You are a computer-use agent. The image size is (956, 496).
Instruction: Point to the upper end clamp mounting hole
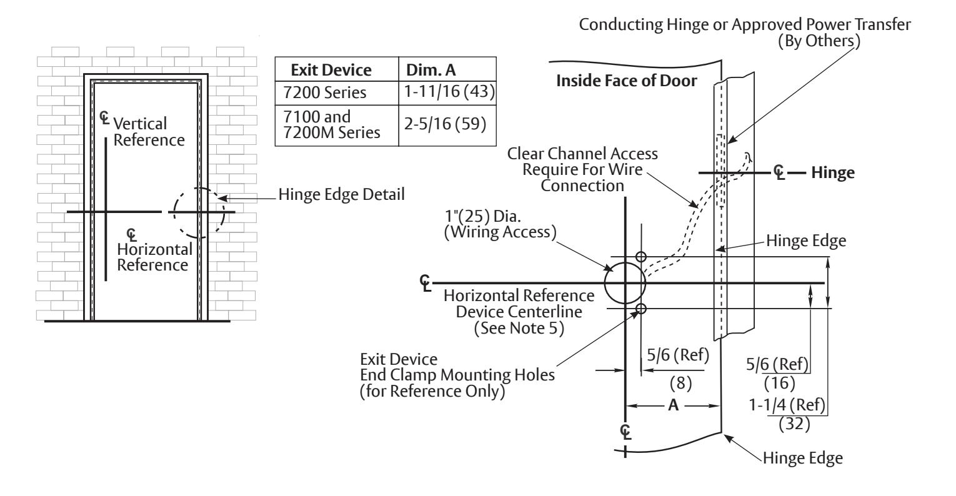(x=641, y=257)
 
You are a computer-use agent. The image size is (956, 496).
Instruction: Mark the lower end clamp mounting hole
(x=641, y=308)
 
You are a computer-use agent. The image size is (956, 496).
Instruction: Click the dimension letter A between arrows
(x=673, y=405)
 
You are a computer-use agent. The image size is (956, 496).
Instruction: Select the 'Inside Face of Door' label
(x=627, y=81)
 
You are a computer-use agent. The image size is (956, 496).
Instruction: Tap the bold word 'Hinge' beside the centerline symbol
(x=833, y=173)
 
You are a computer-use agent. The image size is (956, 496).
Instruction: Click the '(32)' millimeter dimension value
(x=794, y=424)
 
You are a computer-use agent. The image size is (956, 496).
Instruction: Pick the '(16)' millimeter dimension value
(x=779, y=383)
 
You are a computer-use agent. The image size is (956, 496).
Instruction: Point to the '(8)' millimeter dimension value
(x=680, y=383)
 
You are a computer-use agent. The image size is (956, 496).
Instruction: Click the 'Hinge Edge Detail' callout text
(x=341, y=195)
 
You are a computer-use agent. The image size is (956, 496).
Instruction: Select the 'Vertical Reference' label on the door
(x=149, y=132)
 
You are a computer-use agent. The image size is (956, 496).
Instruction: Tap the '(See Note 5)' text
(x=519, y=328)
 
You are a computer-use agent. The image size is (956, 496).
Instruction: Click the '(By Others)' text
(x=819, y=41)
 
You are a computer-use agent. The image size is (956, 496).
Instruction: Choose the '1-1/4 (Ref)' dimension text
(x=787, y=405)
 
